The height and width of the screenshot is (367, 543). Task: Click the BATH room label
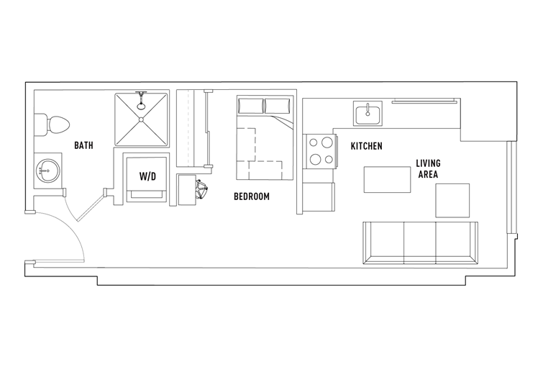point(84,145)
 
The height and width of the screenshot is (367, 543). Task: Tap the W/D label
point(148,176)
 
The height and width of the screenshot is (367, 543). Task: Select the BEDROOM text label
point(252,196)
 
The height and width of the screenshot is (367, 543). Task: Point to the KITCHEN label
point(367,146)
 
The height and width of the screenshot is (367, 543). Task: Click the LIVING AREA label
point(429,169)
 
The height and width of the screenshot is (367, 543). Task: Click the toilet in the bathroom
point(51,124)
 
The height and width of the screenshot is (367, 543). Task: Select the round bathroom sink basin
point(47,171)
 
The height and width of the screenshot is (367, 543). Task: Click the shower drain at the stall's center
point(141,119)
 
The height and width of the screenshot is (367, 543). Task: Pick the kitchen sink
point(368,113)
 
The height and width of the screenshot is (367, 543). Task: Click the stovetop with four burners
point(319,151)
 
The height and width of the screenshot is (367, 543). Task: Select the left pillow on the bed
point(251,106)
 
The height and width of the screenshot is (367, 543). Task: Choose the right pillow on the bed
point(278,106)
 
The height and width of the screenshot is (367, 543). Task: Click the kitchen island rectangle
point(387,179)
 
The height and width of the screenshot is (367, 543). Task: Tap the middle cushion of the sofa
point(420,243)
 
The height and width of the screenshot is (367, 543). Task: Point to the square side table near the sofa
point(452,201)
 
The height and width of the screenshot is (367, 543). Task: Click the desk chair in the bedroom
point(202,189)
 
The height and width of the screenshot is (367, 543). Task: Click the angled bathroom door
point(91,206)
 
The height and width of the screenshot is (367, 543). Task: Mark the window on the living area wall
point(509,187)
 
